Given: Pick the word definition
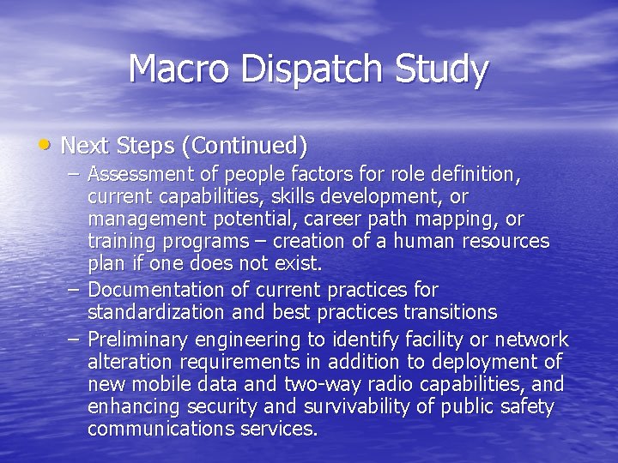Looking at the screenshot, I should (x=476, y=175).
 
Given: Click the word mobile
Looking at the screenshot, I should (x=164, y=384).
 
